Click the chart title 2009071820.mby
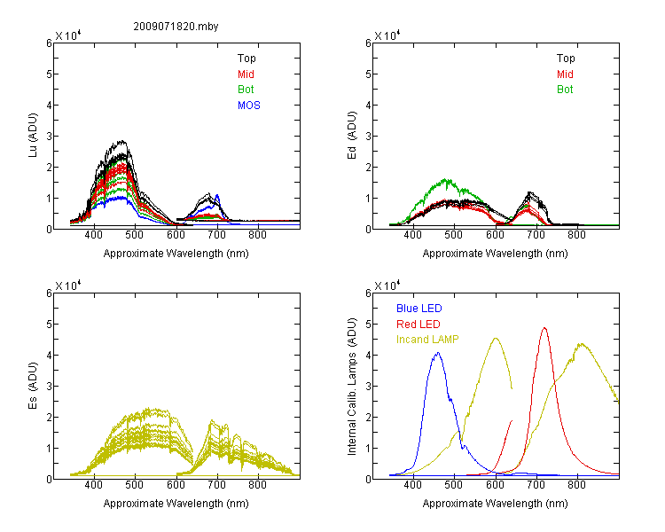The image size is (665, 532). pos(176,27)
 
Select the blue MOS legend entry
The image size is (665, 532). pos(249,106)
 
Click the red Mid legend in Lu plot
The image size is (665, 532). pos(246,74)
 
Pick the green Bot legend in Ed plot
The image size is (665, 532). pos(565,90)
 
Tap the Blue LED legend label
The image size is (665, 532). pos(419,309)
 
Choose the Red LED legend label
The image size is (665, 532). pos(419,325)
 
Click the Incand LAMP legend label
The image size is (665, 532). pos(427,340)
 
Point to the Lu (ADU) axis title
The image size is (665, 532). pos(33,136)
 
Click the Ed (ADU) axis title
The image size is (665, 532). pos(352,136)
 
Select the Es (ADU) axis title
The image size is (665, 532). pos(33,386)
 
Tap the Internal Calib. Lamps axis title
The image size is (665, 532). pos(352,387)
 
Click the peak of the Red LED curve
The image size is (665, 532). pos(544,327)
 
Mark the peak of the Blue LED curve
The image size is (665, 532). pos(438,353)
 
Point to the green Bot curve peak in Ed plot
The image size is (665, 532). pos(446,179)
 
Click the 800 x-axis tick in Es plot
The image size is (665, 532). pos(257,485)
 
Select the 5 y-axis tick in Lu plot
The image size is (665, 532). pos(49,74)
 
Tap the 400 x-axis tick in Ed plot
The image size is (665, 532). pos(412,235)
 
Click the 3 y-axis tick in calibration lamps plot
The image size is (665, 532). pos(368,386)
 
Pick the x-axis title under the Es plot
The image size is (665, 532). pos(176,504)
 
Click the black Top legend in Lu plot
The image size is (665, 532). pos(246,59)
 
